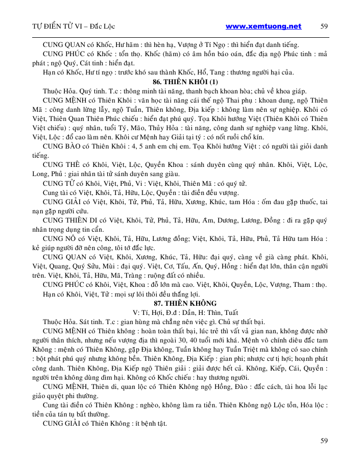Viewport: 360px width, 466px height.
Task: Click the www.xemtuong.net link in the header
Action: pyautogui.click(x=263, y=26)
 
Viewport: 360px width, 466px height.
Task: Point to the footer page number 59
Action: pyautogui.click(x=324, y=440)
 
